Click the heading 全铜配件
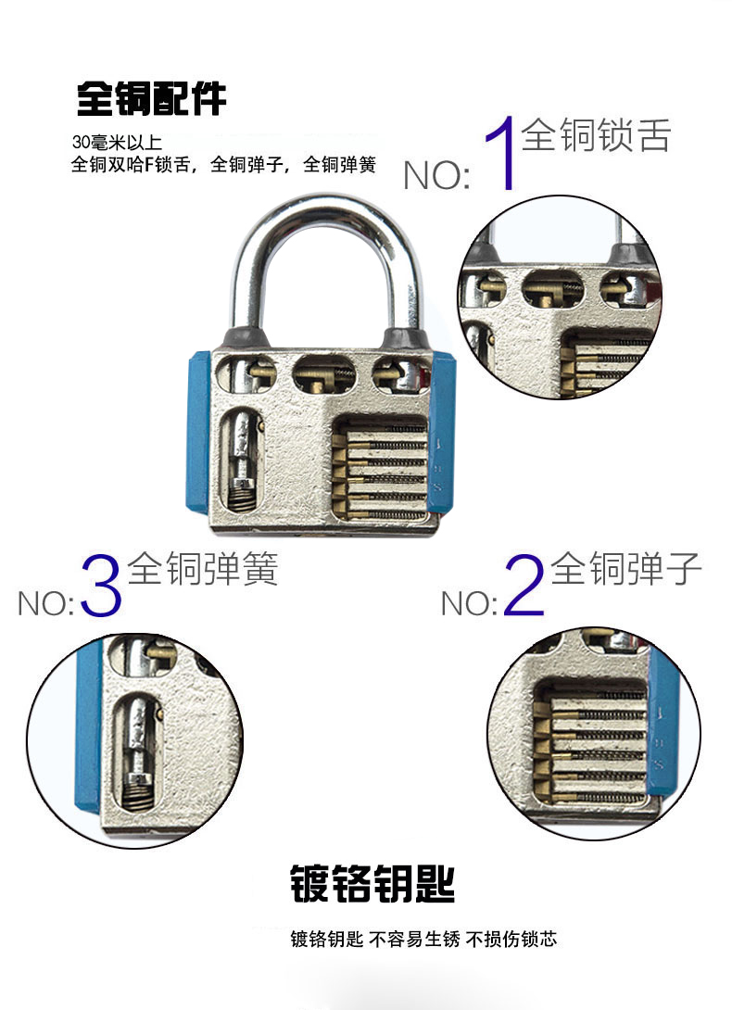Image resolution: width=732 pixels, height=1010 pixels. (x=151, y=98)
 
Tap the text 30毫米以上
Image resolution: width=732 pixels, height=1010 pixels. (x=117, y=143)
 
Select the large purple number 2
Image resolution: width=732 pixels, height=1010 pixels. (x=524, y=586)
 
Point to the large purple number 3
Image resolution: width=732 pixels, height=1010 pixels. (x=101, y=586)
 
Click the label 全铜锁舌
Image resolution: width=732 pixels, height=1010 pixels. (x=596, y=134)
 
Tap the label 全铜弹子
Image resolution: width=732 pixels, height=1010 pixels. (x=625, y=568)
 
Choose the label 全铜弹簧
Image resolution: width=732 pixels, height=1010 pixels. (x=202, y=568)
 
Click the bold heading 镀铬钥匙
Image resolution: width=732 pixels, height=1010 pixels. (x=372, y=884)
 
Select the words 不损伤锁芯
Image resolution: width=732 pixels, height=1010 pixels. (x=511, y=940)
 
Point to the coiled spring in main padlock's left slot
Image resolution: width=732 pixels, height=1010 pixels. (x=240, y=497)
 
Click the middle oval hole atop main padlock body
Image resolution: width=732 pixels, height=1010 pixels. (x=324, y=372)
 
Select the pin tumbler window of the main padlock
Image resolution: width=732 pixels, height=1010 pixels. (x=380, y=468)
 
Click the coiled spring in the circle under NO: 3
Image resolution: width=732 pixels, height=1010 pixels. (x=136, y=793)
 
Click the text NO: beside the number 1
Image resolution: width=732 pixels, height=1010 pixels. (x=436, y=174)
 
